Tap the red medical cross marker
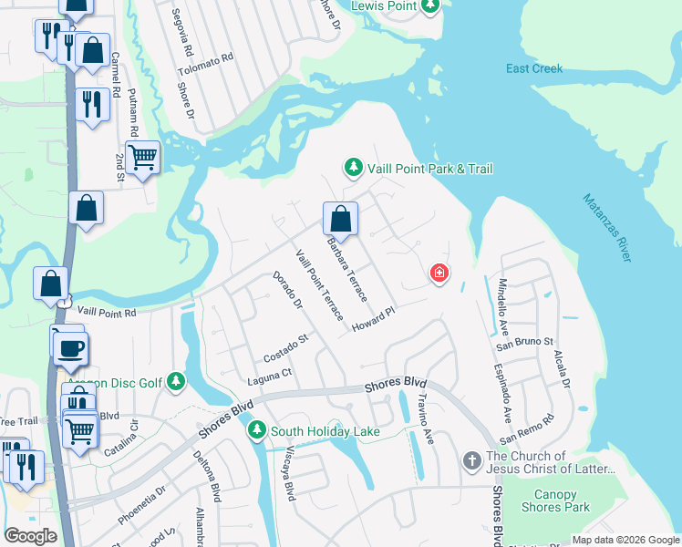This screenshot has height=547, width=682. pyautogui.click(x=439, y=273)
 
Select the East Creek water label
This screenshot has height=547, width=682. pyautogui.click(x=535, y=68)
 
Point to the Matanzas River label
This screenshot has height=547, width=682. pyautogui.click(x=606, y=227)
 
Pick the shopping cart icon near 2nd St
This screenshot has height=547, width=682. pyautogui.click(x=143, y=159)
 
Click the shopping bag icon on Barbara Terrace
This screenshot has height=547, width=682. pyautogui.click(x=340, y=219)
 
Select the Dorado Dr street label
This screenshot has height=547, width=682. pyautogui.click(x=287, y=289)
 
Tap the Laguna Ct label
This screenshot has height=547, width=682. pyautogui.click(x=273, y=374)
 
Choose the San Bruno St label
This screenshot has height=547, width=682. pyautogui.click(x=524, y=341)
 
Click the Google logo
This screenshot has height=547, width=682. pyautogui.click(x=31, y=536)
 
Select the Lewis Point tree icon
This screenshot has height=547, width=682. pyautogui.click(x=430, y=5)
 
